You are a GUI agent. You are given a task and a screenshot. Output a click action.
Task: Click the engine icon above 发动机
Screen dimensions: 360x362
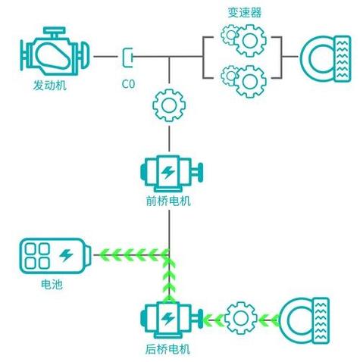tap(55, 51)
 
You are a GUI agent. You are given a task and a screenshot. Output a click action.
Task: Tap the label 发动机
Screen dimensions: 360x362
tap(50, 86)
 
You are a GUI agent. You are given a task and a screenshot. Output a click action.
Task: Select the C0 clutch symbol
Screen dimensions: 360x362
tap(127, 58)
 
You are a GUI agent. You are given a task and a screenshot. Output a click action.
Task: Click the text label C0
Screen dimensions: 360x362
tap(128, 84)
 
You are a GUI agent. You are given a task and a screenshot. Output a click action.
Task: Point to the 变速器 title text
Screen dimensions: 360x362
tap(245, 12)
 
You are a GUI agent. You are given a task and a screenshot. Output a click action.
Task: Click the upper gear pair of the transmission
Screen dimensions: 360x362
tap(243, 40)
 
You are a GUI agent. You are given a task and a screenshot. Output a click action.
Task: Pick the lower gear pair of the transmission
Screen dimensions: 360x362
tap(243, 81)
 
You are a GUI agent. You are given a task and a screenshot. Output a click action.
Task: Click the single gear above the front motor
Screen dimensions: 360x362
tap(169, 105)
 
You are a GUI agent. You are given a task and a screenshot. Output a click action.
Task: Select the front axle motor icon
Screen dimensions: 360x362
tap(172, 173)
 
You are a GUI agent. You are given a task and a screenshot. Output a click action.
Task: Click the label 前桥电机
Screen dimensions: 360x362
tap(168, 201)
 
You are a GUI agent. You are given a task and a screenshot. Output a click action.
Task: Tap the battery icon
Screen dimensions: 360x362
tap(55, 256)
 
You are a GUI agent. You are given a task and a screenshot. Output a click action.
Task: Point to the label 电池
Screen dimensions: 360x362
tap(52, 285)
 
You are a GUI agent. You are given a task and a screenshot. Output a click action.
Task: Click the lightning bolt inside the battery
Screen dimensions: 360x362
tap(66, 255)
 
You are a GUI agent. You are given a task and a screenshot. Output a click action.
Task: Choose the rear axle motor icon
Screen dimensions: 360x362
tap(172, 320)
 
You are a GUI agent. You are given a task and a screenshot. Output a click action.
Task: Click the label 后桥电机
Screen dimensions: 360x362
tap(167, 349)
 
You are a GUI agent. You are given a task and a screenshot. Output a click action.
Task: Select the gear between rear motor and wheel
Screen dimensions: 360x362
tap(241, 318)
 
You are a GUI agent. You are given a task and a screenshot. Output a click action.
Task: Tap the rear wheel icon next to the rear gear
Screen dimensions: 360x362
tap(305, 320)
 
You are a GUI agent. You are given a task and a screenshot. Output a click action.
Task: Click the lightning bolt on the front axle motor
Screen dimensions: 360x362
tap(168, 172)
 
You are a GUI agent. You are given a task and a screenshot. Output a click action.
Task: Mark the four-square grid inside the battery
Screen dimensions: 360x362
tap(37, 256)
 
